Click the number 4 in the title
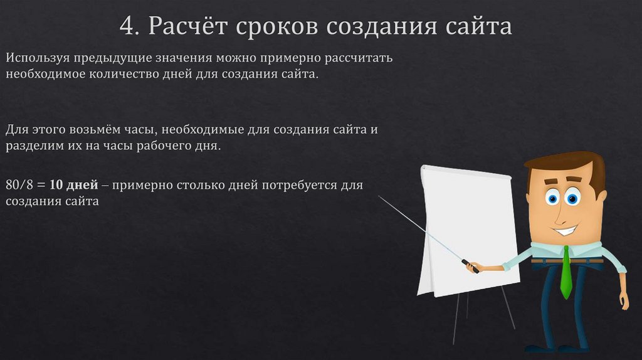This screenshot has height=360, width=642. point(128,27)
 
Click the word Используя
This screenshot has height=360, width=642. point(37,59)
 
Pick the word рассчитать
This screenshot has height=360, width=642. point(359,59)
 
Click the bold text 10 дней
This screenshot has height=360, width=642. point(73,186)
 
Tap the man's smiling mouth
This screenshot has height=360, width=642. point(566,230)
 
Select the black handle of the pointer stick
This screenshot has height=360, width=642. point(470,266)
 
